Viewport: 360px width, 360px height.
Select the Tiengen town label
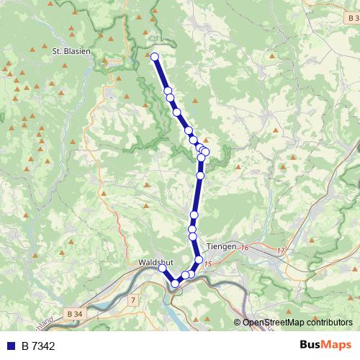click(x=220, y=246)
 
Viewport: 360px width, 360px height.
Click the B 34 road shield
click(x=73, y=314)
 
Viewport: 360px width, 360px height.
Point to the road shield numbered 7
click(x=133, y=298)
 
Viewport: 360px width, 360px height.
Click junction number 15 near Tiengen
click(x=208, y=265)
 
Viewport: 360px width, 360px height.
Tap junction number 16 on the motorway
click(x=244, y=248)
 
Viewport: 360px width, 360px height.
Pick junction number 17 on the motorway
click(x=281, y=250)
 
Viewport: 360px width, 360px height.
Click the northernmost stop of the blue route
click(x=154, y=56)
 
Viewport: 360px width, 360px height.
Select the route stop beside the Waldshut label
click(x=163, y=268)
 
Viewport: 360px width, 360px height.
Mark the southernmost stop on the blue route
click(x=175, y=284)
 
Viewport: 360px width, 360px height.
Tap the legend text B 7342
click(x=38, y=346)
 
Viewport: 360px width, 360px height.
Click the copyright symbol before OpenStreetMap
click(x=238, y=322)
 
